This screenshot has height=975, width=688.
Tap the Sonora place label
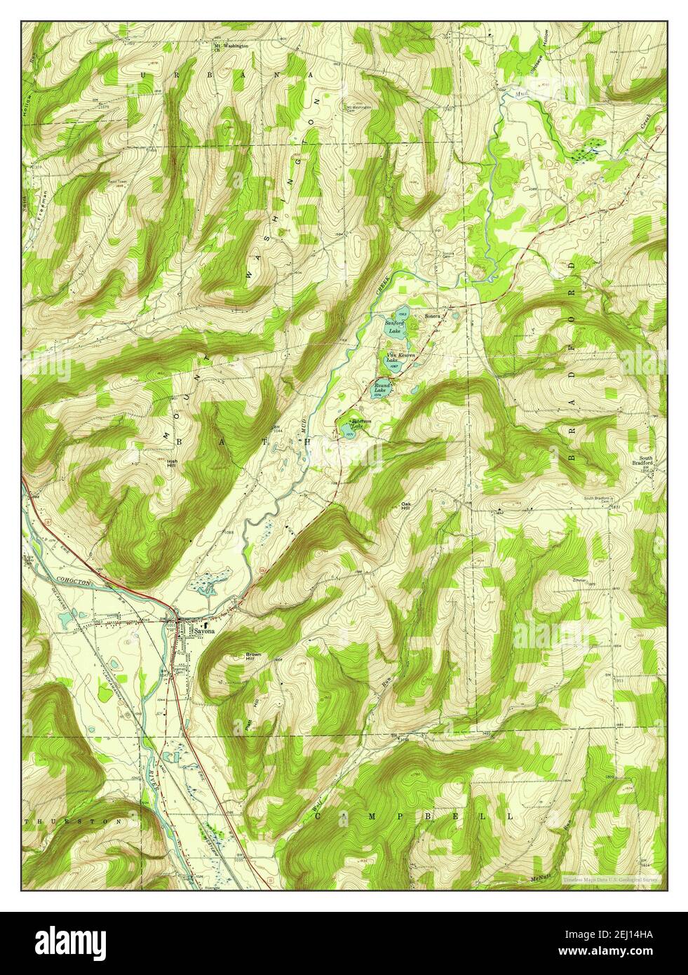pyautogui.click(x=432, y=317)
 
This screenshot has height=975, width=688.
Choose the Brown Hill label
pyautogui.click(x=253, y=657)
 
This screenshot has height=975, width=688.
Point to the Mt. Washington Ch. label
pyautogui.click(x=231, y=48)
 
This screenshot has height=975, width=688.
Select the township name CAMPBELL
pyautogui.click(x=414, y=816)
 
